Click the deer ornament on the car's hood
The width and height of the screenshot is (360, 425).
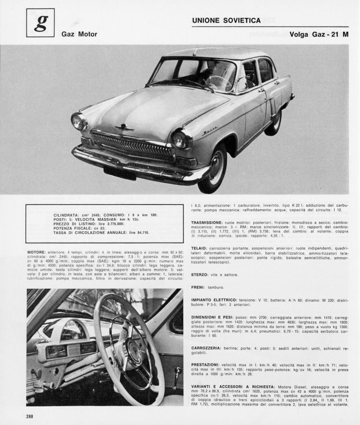tap(124, 127)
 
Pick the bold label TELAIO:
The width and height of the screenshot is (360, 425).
tap(200, 248)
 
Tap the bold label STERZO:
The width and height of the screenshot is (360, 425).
tap(201, 274)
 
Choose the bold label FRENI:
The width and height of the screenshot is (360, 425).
tap(199, 287)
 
